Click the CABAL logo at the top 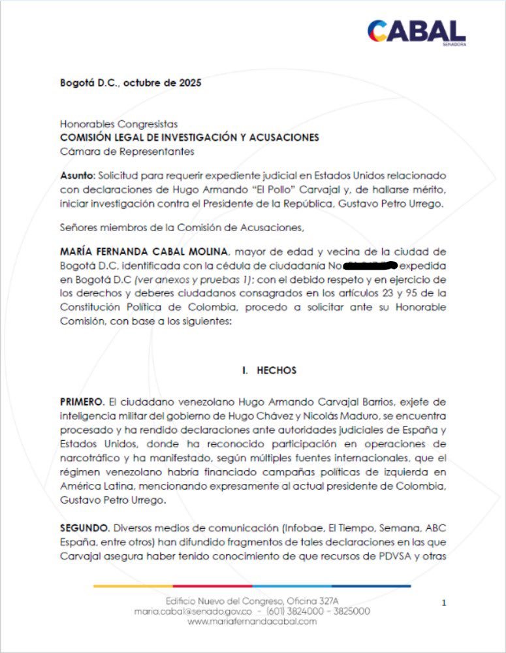click(x=416, y=31)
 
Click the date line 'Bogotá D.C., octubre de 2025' click(x=131, y=83)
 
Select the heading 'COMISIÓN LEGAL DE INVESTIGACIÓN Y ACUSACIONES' click(x=189, y=137)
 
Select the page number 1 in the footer click(x=444, y=603)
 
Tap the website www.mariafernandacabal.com click(x=253, y=622)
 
